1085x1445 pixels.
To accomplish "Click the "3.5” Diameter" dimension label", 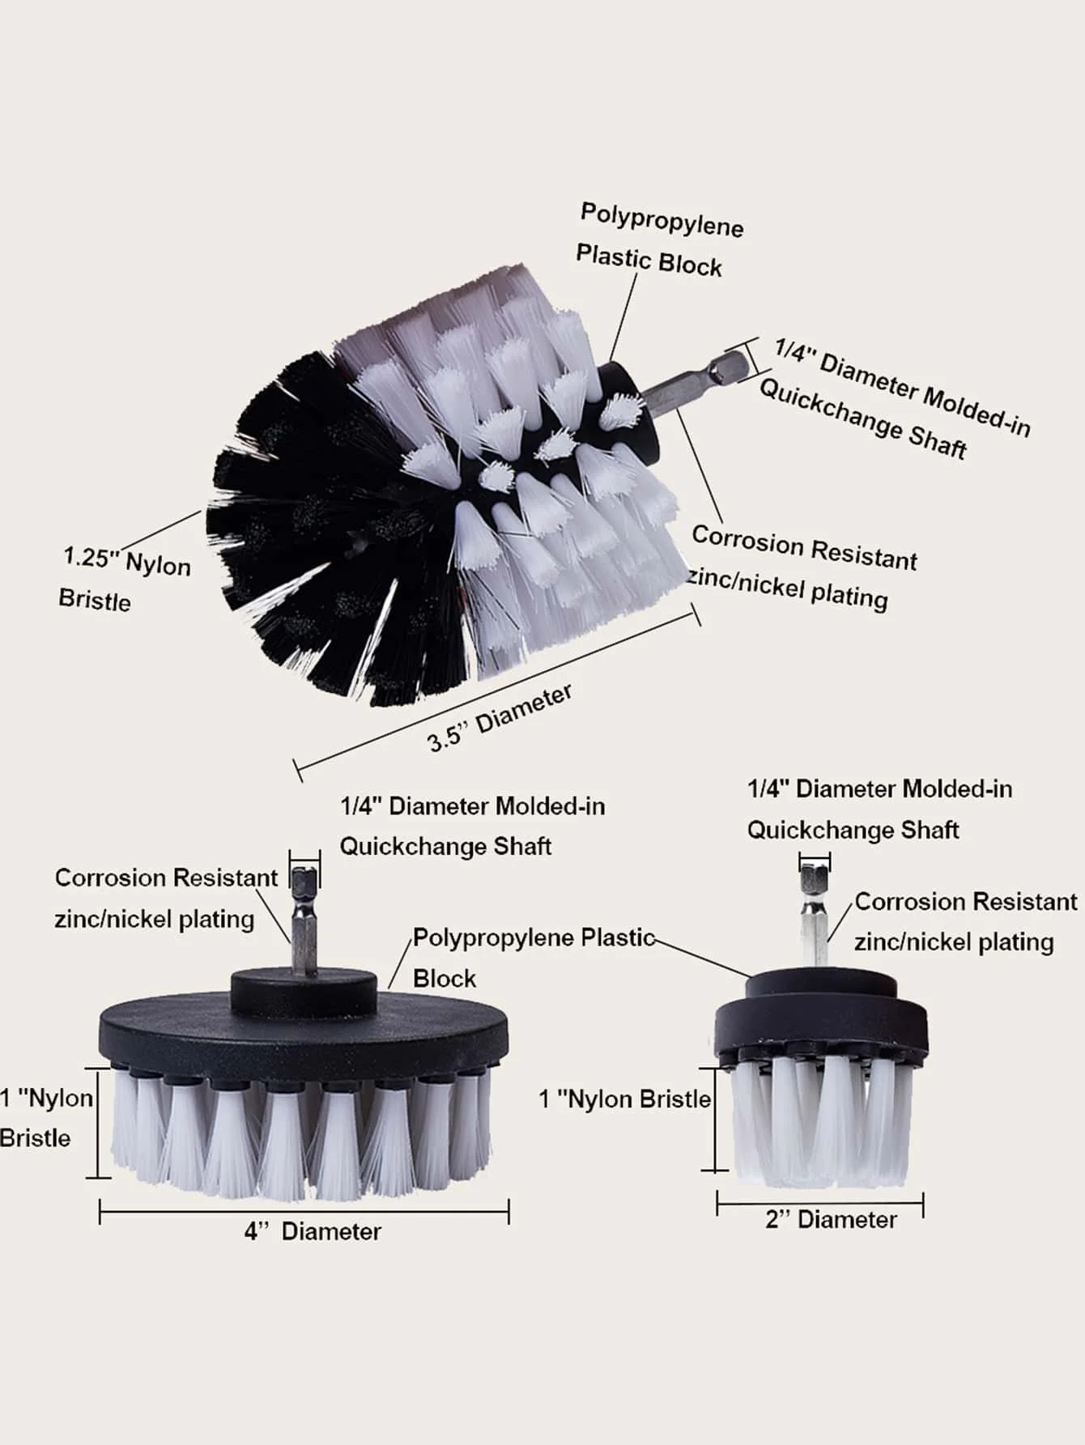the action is pos(500,718).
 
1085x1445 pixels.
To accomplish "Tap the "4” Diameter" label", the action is pos(313,1231).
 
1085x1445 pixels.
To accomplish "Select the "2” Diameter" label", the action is pos(831,1220).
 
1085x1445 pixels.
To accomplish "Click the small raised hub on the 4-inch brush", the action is pos(304,990).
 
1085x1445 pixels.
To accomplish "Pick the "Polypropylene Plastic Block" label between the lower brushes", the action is pos(534,958).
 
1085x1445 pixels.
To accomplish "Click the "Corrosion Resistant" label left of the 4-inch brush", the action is pos(166,878).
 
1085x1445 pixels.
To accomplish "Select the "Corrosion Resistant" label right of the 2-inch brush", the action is pos(966,902).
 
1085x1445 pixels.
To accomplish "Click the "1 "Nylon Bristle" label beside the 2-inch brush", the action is pos(625,1099).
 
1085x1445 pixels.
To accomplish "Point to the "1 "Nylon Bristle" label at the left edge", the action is pos(47,1118).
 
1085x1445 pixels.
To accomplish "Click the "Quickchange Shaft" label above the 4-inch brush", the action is pos(445,847).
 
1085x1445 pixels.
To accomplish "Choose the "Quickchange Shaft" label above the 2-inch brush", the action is pos(853,830).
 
